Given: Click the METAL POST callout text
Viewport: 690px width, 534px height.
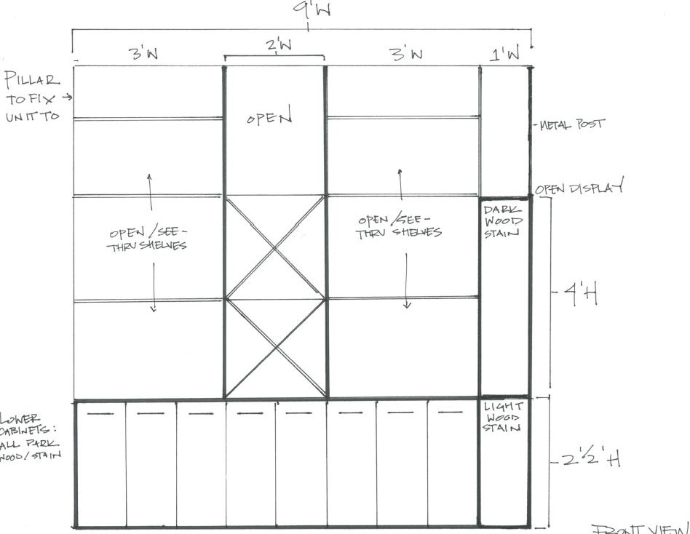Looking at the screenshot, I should click(x=571, y=125).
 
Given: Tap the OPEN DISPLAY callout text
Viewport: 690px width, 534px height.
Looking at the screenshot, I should click(x=580, y=189).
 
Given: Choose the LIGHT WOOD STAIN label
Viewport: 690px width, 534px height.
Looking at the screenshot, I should click(x=501, y=418).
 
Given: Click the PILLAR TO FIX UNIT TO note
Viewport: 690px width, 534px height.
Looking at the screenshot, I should click(x=33, y=97).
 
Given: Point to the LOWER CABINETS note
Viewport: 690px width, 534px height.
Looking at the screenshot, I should click(x=29, y=437).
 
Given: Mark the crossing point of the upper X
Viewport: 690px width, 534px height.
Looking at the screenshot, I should click(x=274, y=247).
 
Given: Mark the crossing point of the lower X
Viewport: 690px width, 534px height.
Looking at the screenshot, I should click(x=274, y=348).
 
